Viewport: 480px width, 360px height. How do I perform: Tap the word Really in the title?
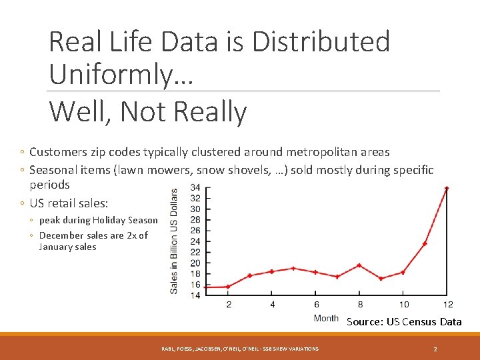point(209,112)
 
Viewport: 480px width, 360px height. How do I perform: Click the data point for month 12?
point(447,188)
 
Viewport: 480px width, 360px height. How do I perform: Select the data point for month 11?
point(425,243)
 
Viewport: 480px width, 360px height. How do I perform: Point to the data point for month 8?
point(359,265)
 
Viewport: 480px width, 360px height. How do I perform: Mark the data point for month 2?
point(228,287)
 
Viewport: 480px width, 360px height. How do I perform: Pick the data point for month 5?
point(293,268)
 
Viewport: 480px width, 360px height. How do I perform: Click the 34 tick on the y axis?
point(195,187)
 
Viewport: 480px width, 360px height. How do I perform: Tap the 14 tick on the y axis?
point(195,295)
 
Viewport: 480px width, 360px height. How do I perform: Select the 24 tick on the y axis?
point(195,241)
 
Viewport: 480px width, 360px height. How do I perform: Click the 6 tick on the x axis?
point(316,305)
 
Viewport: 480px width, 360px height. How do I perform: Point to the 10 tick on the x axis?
point(403,305)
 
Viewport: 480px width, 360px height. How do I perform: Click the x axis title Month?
point(326,318)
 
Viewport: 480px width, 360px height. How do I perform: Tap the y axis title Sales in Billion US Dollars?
point(175,241)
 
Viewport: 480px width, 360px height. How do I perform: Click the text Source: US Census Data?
point(404,322)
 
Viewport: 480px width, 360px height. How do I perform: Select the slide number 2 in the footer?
point(435,349)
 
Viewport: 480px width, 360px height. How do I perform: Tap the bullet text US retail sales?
point(69,203)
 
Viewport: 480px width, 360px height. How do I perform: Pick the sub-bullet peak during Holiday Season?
point(99,220)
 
